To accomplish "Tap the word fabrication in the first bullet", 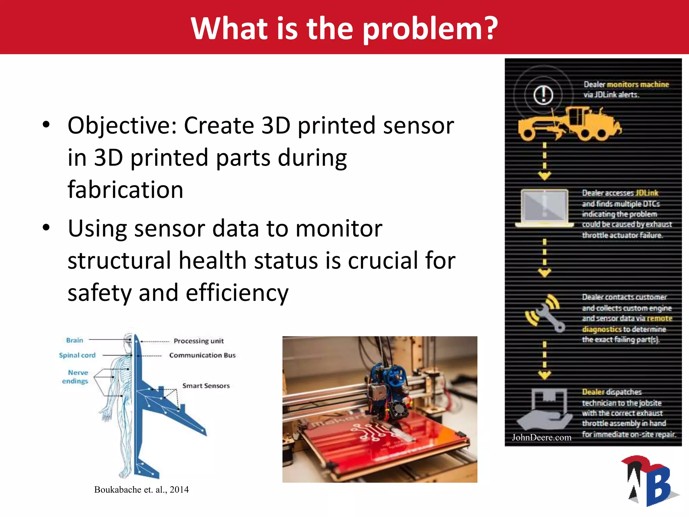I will pos(125,189).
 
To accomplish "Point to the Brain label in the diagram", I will pos(74,340).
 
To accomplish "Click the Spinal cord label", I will pos(77,355).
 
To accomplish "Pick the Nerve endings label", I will pos(75,377).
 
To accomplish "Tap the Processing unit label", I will pos(198,341).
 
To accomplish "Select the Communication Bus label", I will pos(202,355).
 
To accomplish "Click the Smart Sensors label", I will pos(206,386).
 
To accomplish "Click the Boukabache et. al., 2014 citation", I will pos(141,489).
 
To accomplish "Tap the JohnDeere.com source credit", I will pos(541,437).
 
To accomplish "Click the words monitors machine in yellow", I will pos(638,84).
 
